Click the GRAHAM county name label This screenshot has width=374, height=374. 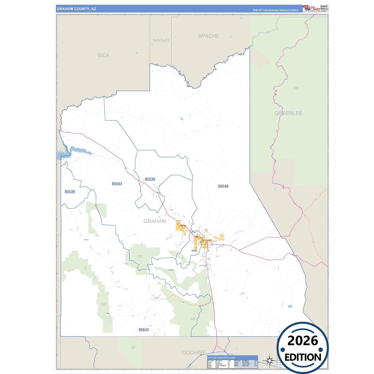[155, 221]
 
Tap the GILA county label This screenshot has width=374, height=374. [103, 55]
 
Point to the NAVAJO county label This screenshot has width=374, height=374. [161, 40]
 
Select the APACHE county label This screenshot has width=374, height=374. [209, 36]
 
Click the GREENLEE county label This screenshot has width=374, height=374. [288, 113]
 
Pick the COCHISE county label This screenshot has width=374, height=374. [194, 353]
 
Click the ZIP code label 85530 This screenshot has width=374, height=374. [70, 192]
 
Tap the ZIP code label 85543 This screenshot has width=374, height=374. [117, 184]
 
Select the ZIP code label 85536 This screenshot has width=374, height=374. [150, 179]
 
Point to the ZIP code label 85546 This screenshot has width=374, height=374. [223, 186]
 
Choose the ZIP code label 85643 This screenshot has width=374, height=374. [144, 330]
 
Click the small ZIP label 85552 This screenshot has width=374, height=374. [194, 251]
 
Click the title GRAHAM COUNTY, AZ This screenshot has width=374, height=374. [76, 9]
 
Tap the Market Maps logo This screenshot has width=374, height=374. [311, 8]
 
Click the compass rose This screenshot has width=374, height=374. [269, 360]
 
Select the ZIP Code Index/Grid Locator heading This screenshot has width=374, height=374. [222, 358]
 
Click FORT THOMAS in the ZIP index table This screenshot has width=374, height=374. [221, 366]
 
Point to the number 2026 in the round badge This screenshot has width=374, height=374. [303, 341]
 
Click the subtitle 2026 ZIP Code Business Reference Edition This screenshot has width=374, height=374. [275, 10]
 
